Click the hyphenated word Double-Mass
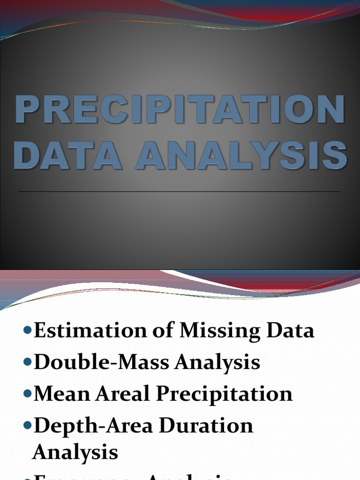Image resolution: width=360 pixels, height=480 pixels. [x=93, y=362]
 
